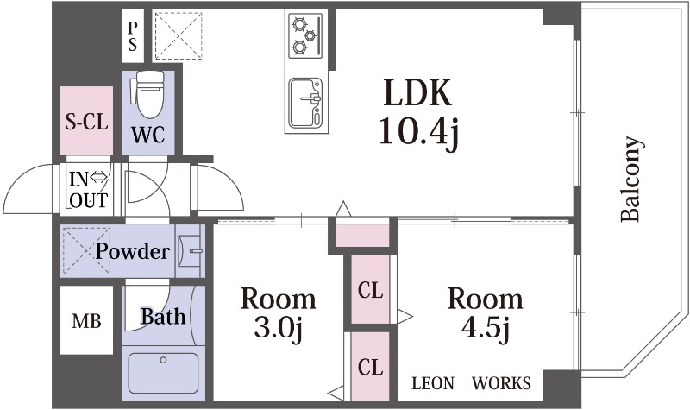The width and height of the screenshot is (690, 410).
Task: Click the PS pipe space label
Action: point(133,36)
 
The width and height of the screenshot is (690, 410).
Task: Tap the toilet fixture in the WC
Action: point(149,95)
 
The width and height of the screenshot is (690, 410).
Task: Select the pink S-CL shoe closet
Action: point(86,120)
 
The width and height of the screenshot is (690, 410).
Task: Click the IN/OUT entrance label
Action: point(89,189)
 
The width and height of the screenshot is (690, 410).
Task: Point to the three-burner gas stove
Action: point(305,35)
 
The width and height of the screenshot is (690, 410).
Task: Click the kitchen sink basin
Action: point(305,102)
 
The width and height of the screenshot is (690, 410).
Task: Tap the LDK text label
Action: point(417,92)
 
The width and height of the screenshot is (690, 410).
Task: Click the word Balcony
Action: point(631,179)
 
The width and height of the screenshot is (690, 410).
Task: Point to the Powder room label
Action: point(133,251)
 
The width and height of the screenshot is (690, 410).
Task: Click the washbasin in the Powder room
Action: point(190,251)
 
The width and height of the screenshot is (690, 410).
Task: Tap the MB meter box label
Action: point(87,321)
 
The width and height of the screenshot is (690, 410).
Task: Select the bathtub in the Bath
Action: point(163,373)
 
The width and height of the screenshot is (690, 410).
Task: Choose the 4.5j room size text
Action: point(486,329)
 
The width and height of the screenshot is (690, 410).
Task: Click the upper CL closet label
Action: point(370,290)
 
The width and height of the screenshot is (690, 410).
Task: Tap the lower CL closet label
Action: point(370,367)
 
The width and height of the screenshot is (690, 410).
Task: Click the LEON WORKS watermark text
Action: point(471,383)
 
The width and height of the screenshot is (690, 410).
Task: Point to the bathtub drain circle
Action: point(163,360)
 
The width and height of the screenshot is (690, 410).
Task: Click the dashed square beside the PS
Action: point(179,35)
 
